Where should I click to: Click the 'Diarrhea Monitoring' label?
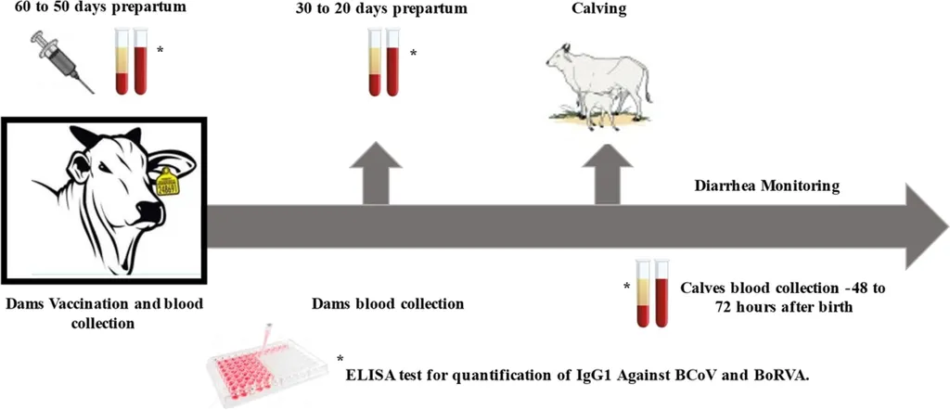[767, 186]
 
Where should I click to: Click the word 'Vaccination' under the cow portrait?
[91, 303]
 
